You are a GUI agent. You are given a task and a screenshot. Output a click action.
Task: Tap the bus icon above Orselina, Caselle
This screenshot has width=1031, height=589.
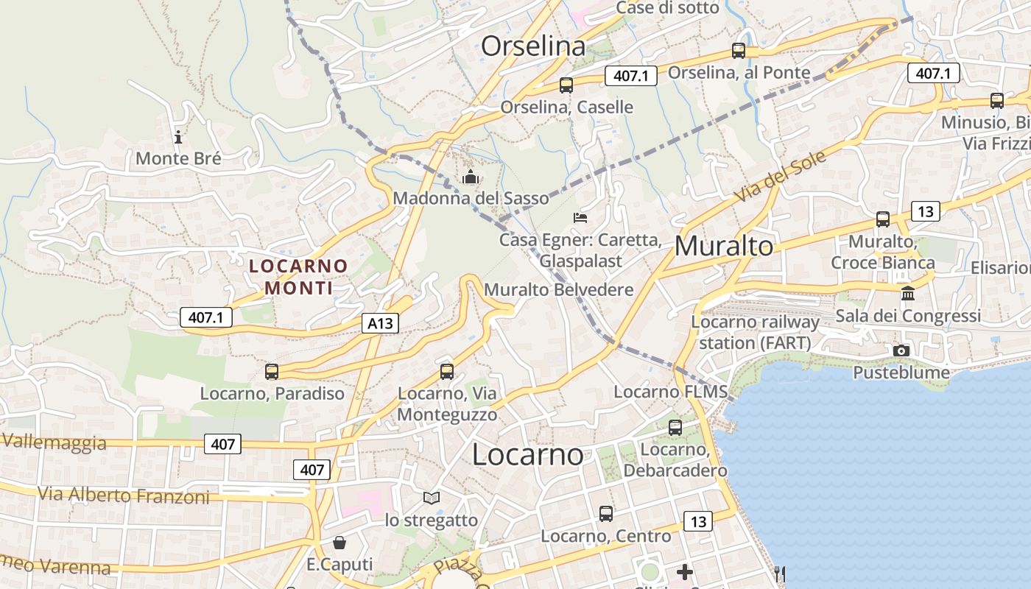pos(566,85)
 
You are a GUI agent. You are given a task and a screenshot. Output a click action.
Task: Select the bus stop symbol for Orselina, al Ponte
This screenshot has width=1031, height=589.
pos(738,51)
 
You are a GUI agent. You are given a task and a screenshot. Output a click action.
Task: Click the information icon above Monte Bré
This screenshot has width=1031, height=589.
pos(177,136)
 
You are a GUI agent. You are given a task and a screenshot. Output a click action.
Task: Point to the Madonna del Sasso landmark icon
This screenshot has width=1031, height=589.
pos(470,177)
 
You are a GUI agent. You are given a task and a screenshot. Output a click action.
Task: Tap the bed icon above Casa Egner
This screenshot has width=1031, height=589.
pos(580,218)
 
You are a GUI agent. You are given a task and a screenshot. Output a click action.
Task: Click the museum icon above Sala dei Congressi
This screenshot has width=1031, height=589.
pos(907,293)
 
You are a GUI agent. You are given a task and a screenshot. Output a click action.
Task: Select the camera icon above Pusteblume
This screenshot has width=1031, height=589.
pos(901,350)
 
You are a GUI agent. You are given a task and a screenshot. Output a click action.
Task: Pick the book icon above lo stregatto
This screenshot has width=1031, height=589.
pos(431,498)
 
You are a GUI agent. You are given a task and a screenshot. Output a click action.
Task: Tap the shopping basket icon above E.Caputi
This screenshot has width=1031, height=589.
pos(339,543)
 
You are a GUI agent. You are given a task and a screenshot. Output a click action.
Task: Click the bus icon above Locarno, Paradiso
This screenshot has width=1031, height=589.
pos(272,372)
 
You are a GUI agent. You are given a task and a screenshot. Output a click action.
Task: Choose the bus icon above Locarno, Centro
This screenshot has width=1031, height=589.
pos(605,514)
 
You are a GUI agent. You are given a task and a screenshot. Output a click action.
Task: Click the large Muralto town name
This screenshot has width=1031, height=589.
pos(724,246)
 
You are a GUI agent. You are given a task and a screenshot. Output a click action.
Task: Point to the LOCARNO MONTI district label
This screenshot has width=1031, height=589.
pos(298,276)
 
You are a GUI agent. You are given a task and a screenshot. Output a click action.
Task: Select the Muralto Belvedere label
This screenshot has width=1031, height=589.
pos(558,289)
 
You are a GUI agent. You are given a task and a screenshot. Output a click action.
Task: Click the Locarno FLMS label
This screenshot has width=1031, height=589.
pos(670,392)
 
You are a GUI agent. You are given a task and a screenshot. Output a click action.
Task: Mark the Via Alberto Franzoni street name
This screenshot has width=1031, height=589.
pos(124,495)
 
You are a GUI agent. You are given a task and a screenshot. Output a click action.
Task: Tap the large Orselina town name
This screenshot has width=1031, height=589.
pos(533,46)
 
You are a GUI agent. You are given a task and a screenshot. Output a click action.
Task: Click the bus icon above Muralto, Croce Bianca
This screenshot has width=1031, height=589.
pos(882,219)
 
